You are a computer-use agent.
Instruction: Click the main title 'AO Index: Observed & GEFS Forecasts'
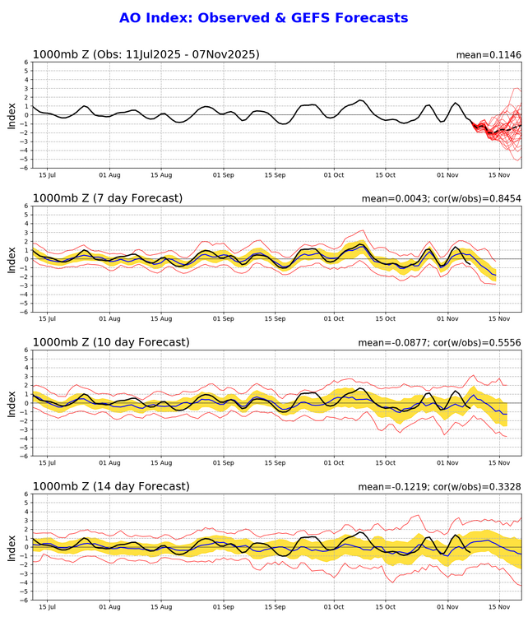[263, 17]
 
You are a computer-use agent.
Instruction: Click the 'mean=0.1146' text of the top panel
[489, 55]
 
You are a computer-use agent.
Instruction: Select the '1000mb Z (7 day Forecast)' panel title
[107, 198]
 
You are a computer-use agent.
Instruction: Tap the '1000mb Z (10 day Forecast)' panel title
[110, 342]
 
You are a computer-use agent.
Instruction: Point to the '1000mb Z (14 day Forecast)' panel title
[110, 486]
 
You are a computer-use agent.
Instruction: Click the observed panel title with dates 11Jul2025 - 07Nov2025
[146, 55]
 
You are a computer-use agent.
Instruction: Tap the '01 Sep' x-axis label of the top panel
[224, 175]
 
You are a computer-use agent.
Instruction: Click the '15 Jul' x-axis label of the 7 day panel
[48, 319]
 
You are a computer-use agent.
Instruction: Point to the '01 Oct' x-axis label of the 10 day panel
[335, 463]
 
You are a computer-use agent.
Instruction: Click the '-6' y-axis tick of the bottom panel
[25, 600]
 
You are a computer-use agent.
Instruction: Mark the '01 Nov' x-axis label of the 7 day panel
[448, 319]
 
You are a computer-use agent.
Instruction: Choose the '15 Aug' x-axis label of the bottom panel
[160, 607]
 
